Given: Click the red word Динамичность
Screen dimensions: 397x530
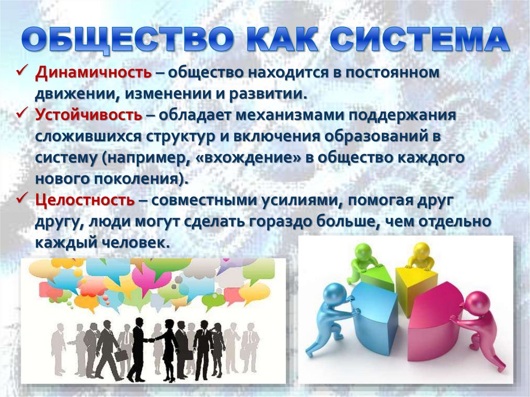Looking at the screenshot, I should (x=93, y=73).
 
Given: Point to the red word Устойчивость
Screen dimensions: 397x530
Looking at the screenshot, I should (x=89, y=115).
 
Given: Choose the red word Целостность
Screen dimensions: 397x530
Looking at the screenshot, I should (x=85, y=199).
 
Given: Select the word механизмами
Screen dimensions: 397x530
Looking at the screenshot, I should (x=290, y=115).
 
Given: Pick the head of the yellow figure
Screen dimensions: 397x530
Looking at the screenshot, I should (x=419, y=250).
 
